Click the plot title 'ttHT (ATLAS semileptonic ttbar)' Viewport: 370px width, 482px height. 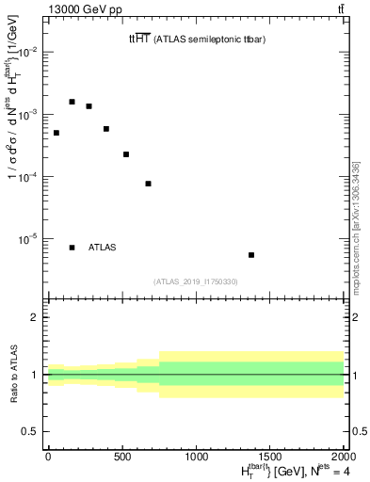click(x=201, y=39)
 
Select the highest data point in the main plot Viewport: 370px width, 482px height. click(x=72, y=102)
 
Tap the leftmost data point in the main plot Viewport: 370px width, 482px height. click(x=56, y=133)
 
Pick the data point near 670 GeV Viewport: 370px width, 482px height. click(x=148, y=184)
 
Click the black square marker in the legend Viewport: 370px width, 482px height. click(x=72, y=248)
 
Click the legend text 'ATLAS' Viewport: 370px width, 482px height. click(x=102, y=248)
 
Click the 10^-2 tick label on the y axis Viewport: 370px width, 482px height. click(x=29, y=53)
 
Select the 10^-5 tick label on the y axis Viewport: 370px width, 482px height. click(x=29, y=239)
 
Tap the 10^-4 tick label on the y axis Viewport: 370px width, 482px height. click(x=29, y=177)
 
